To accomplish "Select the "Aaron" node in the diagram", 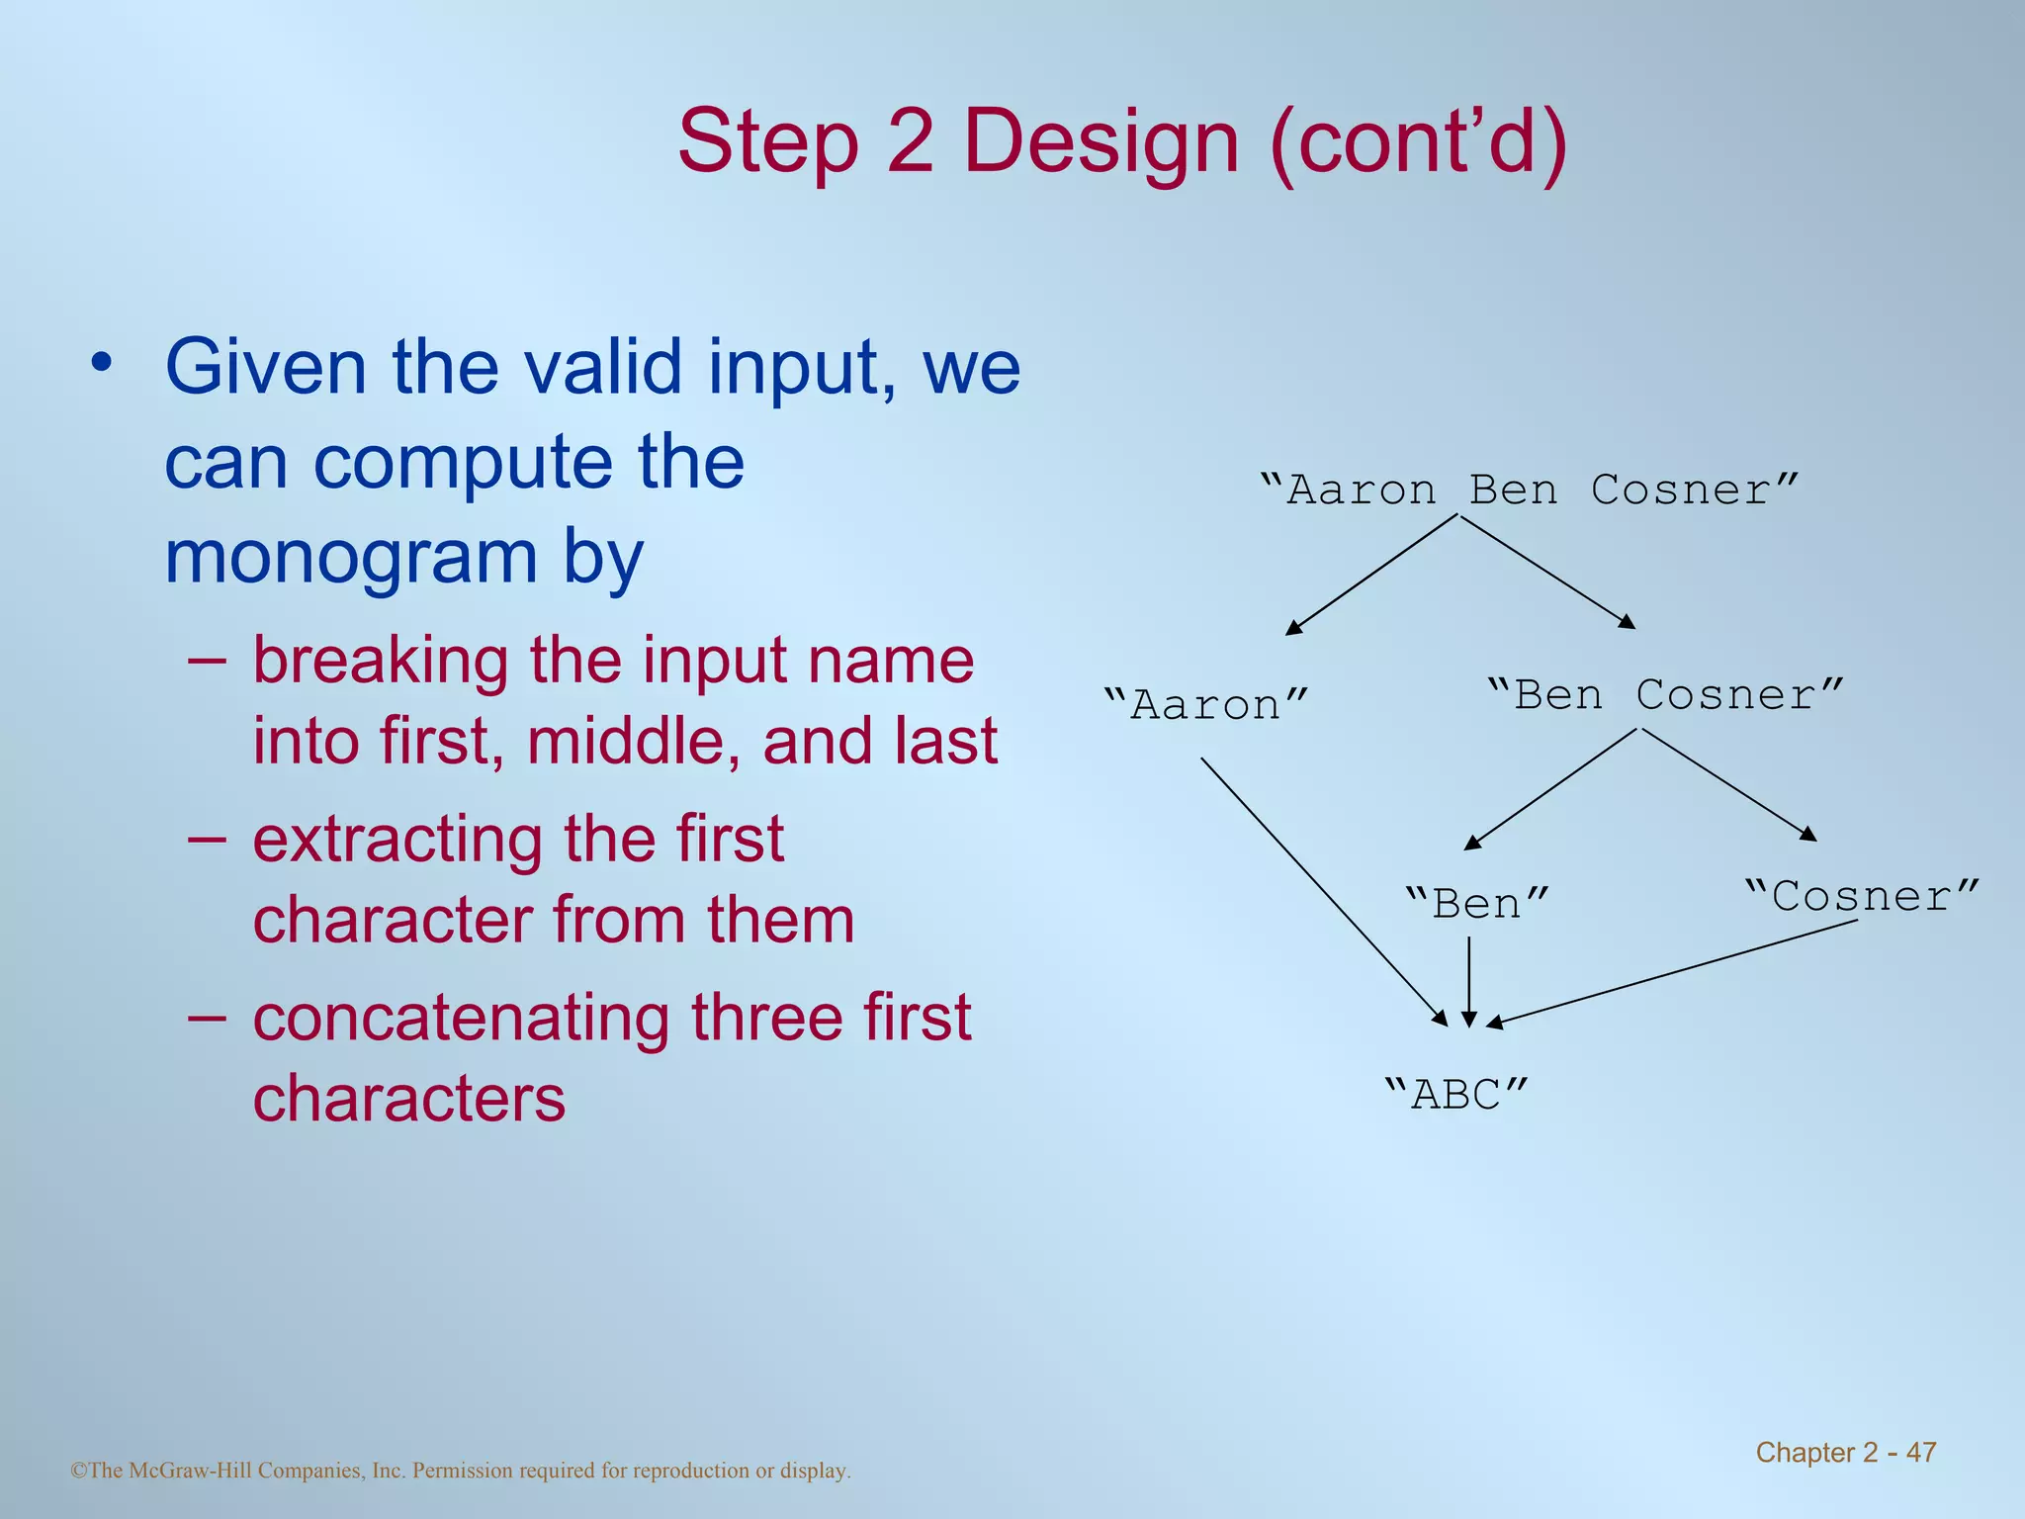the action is click(x=1206, y=705).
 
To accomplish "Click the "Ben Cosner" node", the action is click(x=1665, y=695).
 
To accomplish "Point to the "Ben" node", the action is click(x=1476, y=904).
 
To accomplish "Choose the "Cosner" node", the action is click(x=1862, y=897).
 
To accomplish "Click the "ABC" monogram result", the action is click(x=1456, y=1095).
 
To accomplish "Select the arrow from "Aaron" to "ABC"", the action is click(x=1322, y=890).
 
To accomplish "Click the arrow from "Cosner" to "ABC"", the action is click(x=1671, y=973).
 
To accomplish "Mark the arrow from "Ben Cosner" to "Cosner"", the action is click(x=1728, y=785).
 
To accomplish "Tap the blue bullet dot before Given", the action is click(x=100, y=363).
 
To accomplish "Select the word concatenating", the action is click(x=464, y=1018).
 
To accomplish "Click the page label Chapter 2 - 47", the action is click(x=1845, y=1452).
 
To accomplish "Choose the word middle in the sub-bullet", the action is click(x=633, y=742).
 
